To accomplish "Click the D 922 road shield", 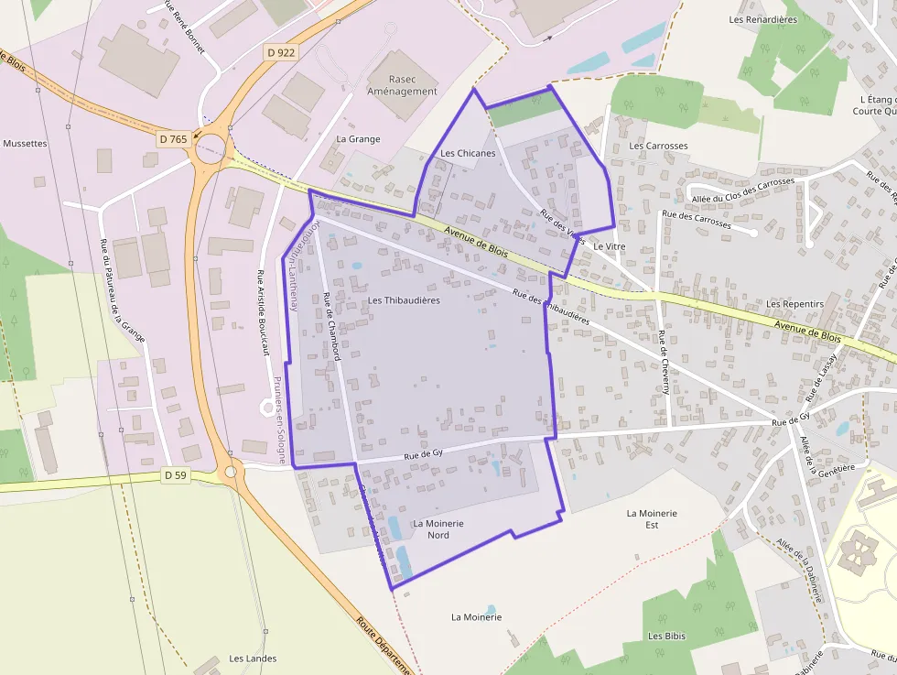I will [x=282, y=53].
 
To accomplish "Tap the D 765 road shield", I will [x=172, y=139].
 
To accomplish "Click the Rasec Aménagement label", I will [x=402, y=85].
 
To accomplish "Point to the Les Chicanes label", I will [x=468, y=153].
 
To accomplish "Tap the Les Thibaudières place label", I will [x=404, y=300].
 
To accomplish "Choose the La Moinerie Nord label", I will [x=438, y=528].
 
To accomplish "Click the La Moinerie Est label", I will [x=652, y=519].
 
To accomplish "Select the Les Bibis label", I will [x=666, y=636].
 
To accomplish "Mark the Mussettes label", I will [x=25, y=144].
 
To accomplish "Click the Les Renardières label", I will [x=762, y=19].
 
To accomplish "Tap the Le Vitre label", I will [x=609, y=246].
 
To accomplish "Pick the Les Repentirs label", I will [x=794, y=304].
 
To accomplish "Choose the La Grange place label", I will [x=358, y=139].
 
